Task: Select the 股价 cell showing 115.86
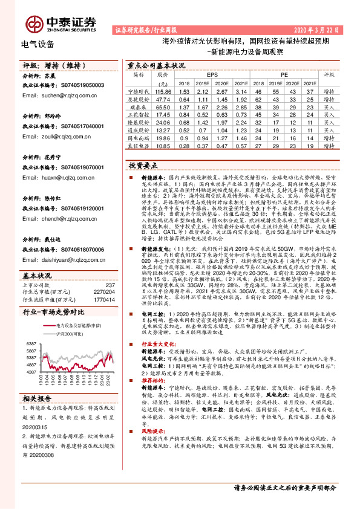tap(163, 91)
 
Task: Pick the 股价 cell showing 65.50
tap(163, 106)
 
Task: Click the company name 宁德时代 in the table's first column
tap(139, 91)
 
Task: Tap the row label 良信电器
tap(139, 146)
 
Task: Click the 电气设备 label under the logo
tap(38, 44)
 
